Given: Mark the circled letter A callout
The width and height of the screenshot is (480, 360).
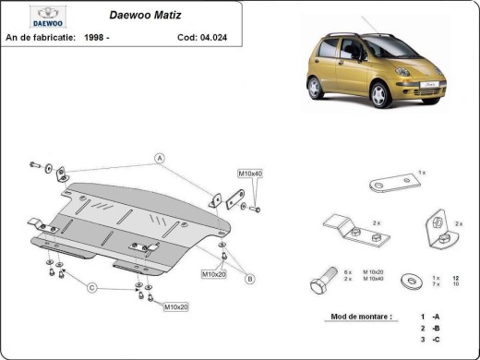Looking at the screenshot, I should (159, 157).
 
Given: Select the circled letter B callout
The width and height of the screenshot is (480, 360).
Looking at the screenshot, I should (249, 278).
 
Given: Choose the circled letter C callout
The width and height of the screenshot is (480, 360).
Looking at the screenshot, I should (92, 288).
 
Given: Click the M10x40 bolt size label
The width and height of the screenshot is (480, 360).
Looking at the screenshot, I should (250, 174).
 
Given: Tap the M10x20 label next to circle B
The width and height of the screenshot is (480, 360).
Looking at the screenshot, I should (213, 274).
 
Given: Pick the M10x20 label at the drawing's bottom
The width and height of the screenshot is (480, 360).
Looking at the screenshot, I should (176, 306).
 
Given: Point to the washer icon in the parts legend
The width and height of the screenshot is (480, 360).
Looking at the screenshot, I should (408, 278).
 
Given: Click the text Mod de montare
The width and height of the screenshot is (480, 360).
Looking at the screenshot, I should (361, 316).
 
